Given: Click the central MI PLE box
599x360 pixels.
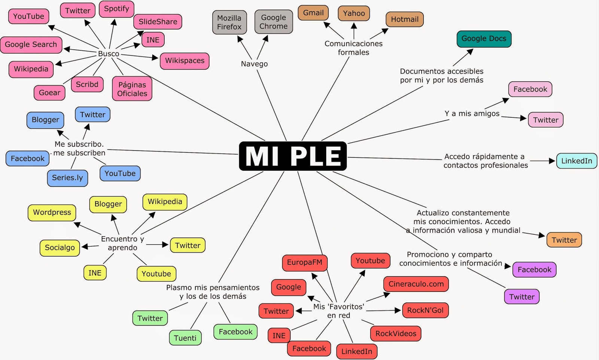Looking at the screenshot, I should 293,156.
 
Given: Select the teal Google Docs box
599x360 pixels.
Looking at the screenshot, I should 484,39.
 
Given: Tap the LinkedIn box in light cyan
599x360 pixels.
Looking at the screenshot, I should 577,161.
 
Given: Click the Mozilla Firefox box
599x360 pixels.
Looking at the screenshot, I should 229,22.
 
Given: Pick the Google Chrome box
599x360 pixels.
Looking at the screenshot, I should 274,22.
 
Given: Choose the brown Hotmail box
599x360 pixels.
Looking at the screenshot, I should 404,19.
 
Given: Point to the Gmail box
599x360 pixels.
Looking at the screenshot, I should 313,13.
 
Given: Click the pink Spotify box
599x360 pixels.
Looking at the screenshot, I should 116,9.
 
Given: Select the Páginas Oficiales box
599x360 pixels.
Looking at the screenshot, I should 132,89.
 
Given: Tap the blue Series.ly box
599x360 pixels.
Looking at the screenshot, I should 67,178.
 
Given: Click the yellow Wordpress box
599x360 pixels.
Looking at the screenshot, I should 52,213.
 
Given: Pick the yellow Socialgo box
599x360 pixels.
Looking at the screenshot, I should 60,248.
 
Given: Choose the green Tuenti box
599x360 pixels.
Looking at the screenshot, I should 185,338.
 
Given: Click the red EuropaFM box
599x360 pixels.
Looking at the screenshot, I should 304,262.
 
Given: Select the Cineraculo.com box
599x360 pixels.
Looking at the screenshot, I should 416,284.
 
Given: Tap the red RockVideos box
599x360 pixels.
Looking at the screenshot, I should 396,333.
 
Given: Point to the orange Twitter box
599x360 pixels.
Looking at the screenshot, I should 564,240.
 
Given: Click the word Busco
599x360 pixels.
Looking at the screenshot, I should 109,54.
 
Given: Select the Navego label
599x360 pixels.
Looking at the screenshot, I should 254,64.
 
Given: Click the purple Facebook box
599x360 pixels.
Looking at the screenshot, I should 534,270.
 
